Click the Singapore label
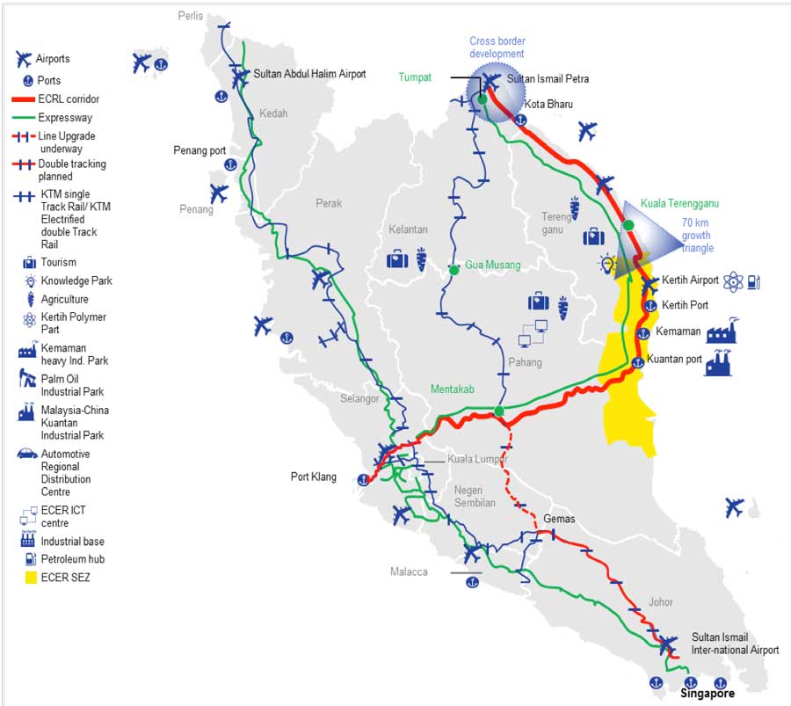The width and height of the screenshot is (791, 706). tap(708, 694)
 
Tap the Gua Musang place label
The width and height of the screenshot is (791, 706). tap(492, 265)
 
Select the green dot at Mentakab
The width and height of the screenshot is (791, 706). tap(498, 411)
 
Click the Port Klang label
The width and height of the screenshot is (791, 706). tap(314, 477)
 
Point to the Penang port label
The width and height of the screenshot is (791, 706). tap(200, 150)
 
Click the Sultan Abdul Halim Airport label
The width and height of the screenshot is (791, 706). tap(309, 74)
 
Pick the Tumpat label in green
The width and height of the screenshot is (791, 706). tap(415, 77)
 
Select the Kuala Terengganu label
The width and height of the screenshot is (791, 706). tap(679, 203)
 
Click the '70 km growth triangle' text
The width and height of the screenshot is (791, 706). tap(697, 236)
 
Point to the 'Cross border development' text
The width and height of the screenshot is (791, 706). tap(497, 47)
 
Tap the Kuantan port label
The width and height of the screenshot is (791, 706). tap(674, 360)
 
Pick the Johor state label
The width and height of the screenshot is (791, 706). tap(661, 602)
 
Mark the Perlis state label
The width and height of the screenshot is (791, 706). tap(190, 16)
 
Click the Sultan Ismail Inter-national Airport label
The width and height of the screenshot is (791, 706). tap(735, 644)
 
